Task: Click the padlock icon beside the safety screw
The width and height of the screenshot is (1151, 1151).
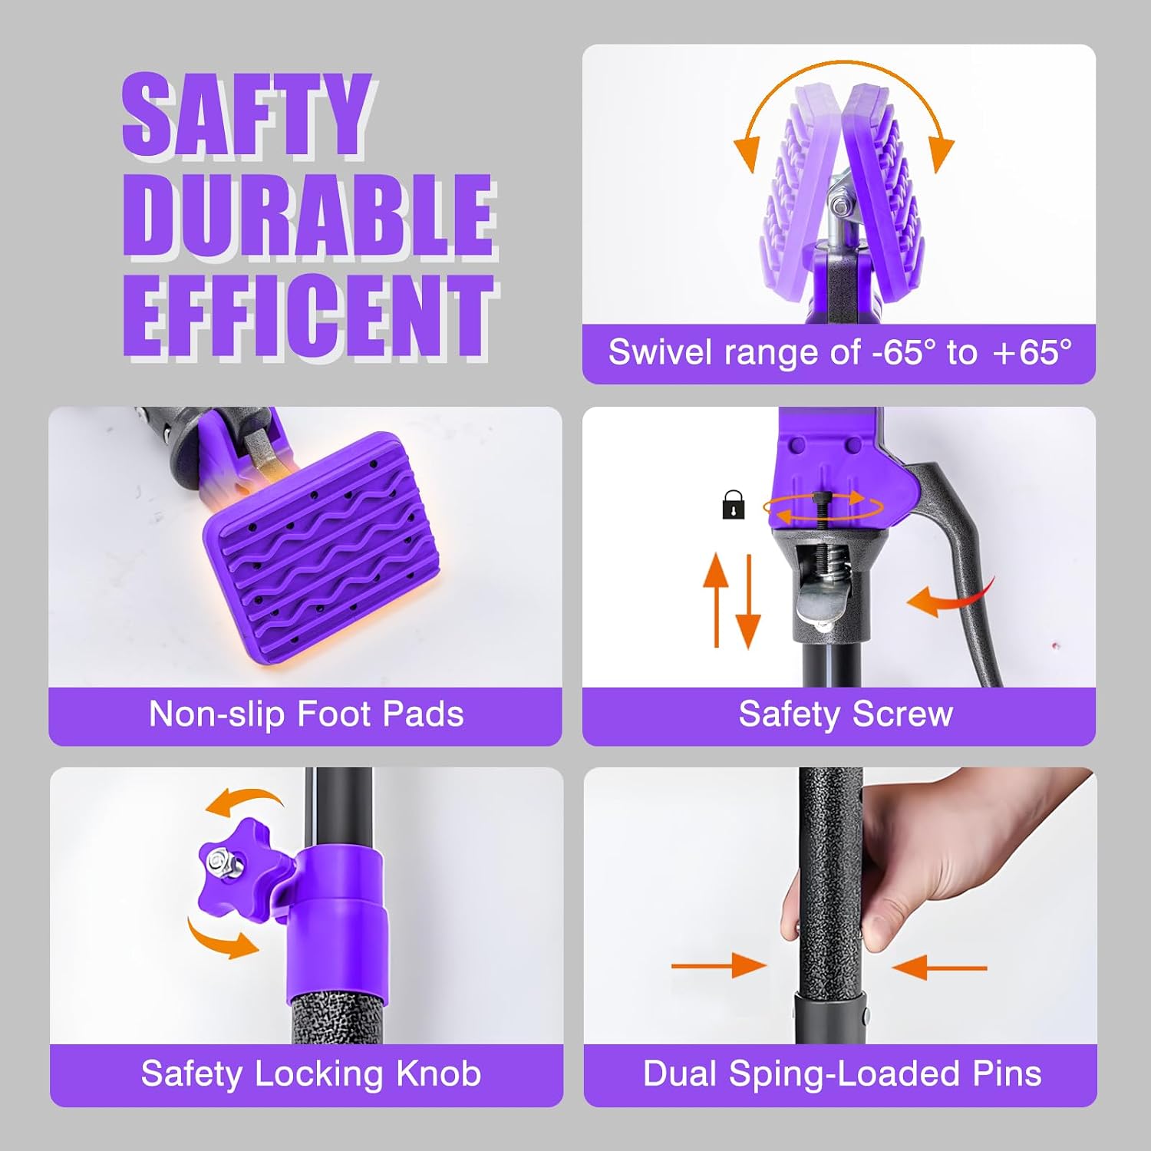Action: (734, 505)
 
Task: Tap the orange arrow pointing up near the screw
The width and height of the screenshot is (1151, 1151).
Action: (716, 599)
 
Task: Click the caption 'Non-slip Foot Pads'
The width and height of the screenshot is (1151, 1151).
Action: (306, 714)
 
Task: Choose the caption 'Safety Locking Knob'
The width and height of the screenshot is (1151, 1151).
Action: (311, 1073)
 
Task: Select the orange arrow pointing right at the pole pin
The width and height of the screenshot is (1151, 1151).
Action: (719, 965)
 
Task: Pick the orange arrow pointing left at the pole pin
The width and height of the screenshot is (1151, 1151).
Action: (939, 968)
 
